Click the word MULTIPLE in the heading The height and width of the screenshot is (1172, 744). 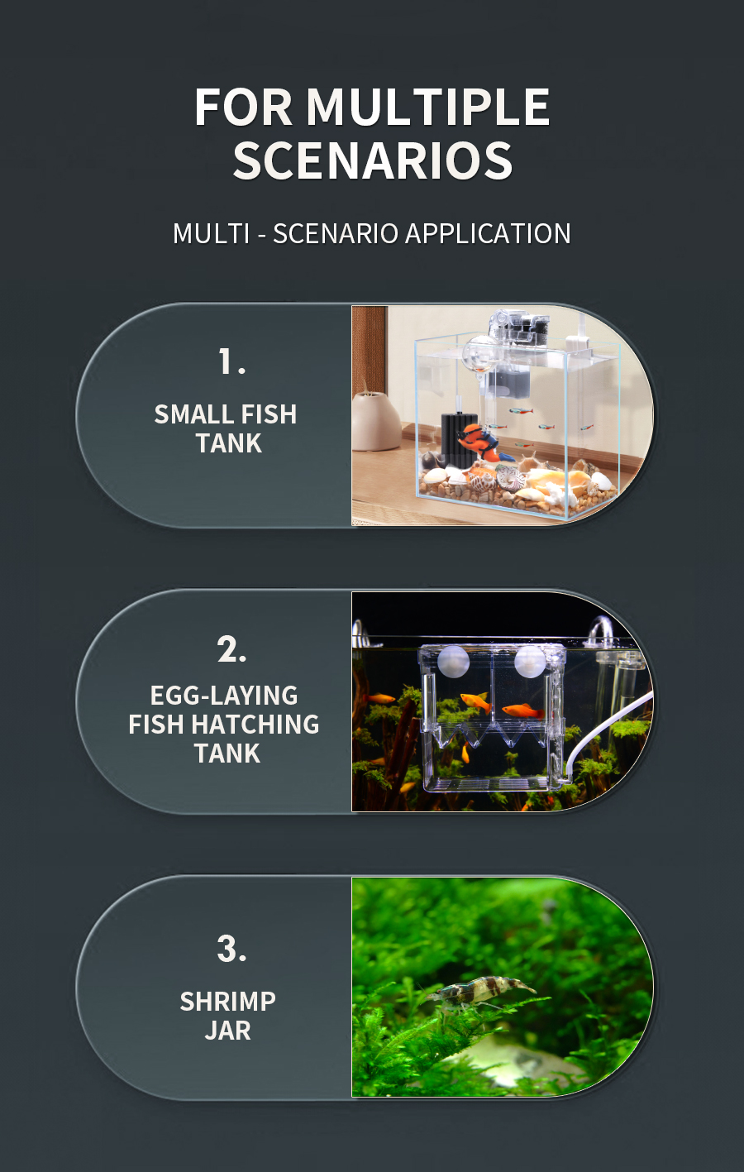point(427,107)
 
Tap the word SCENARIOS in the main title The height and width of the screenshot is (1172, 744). point(373,160)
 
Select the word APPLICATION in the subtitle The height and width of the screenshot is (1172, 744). point(488,233)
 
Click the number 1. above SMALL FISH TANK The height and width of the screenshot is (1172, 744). point(231,361)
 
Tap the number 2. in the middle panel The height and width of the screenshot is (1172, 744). point(231,649)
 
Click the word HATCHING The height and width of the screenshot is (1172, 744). point(255,725)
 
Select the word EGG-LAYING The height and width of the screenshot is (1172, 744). point(224,696)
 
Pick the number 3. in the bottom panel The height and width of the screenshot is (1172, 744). point(231,950)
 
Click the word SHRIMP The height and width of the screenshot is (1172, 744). point(228,1002)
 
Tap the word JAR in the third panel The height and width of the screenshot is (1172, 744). point(228,1031)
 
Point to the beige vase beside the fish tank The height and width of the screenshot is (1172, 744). point(375,422)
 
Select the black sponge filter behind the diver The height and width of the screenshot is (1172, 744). point(455,439)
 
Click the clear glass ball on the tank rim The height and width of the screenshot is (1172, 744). point(481,354)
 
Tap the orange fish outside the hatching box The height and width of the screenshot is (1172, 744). point(380,699)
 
